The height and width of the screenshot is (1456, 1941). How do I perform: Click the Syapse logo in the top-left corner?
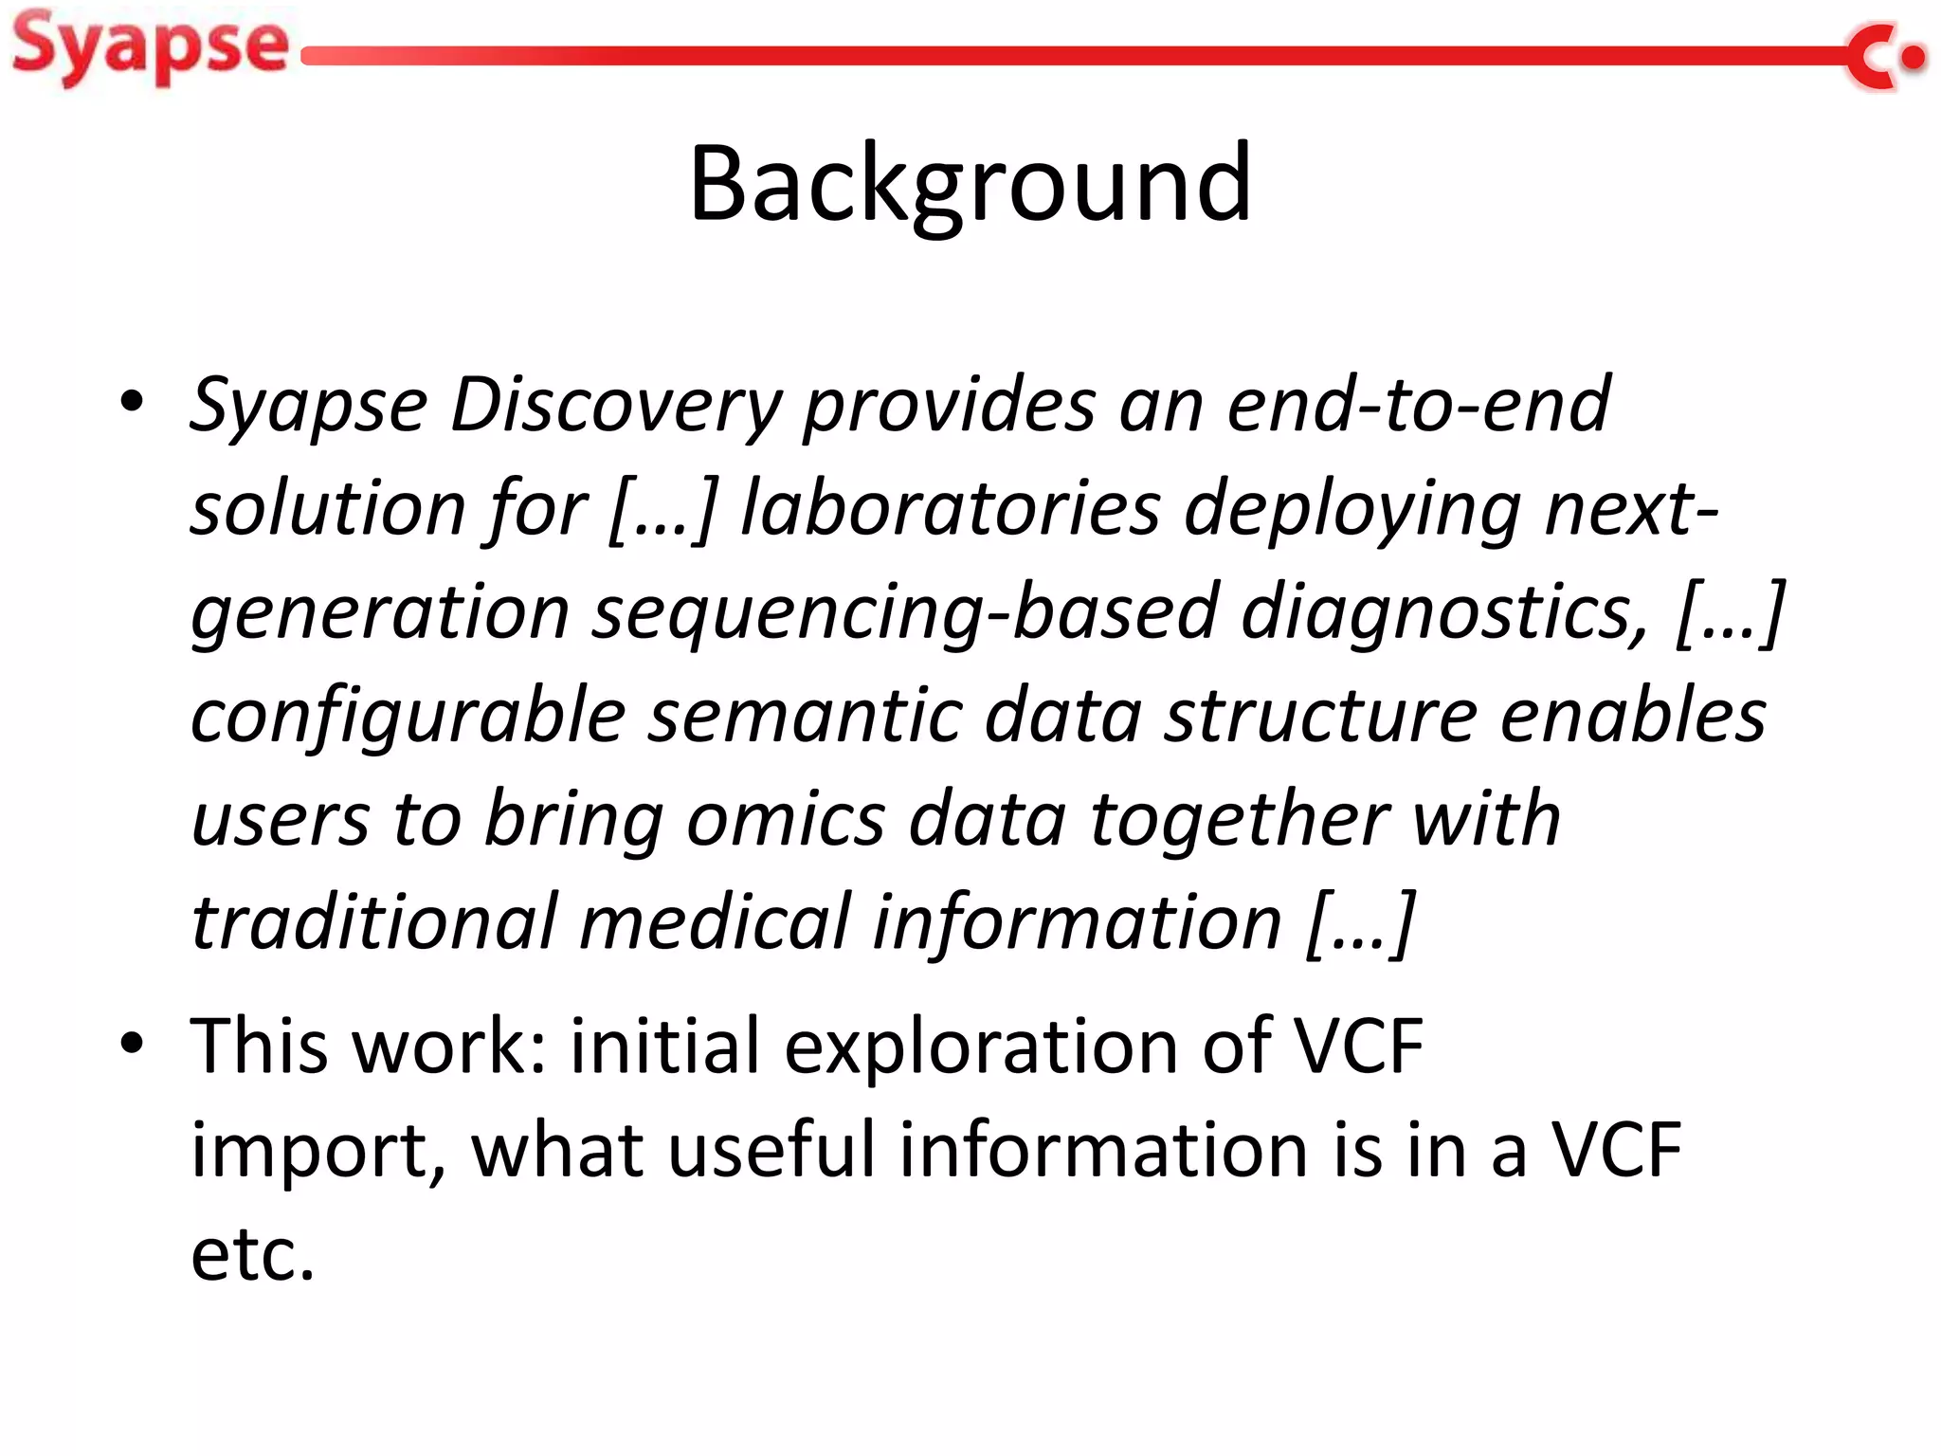(x=150, y=47)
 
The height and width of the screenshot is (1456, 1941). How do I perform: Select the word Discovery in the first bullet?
(x=615, y=406)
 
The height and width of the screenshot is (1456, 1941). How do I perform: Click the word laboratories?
(x=950, y=508)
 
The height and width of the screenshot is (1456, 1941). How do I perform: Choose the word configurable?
(x=408, y=716)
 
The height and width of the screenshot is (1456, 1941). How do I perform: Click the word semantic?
(x=805, y=716)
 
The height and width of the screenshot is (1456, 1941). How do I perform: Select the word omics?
(x=786, y=819)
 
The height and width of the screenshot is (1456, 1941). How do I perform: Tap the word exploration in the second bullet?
(x=981, y=1046)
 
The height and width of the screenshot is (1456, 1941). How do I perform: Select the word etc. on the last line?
(x=252, y=1254)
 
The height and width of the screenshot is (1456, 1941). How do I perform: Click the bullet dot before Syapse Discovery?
(x=132, y=402)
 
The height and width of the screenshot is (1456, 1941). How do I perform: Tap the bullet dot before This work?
(x=132, y=1044)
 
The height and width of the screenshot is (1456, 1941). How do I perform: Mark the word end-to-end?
(x=1418, y=406)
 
